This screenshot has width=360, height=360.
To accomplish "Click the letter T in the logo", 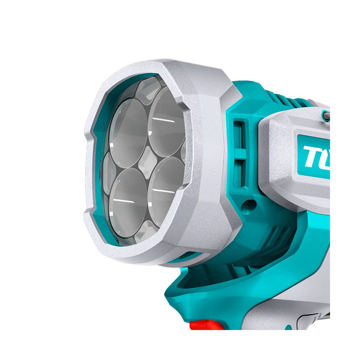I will (x=312, y=156).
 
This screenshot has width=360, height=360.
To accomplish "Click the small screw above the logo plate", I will (x=325, y=117).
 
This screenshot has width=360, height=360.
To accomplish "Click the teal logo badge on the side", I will (x=313, y=155).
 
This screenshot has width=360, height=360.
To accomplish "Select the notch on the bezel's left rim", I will (x=93, y=149).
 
